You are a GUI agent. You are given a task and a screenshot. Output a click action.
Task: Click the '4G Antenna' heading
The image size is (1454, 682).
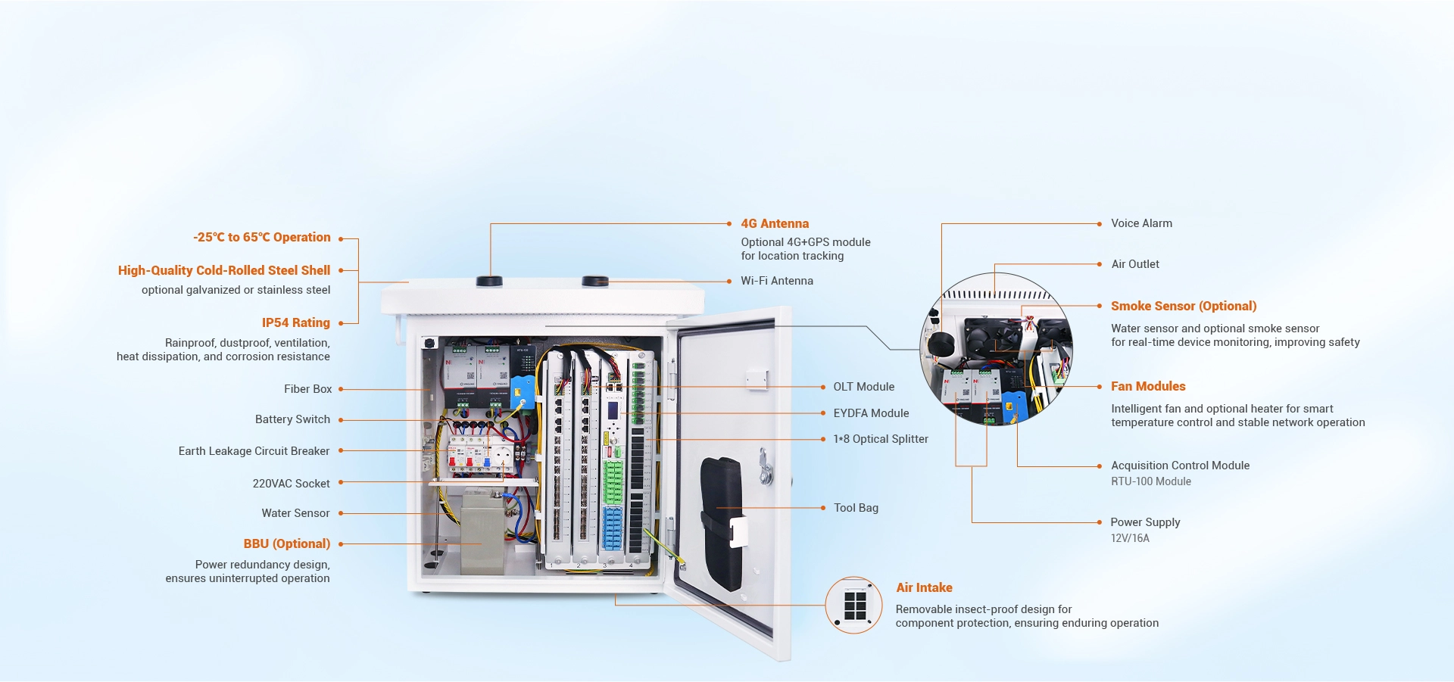pyautogui.click(x=774, y=223)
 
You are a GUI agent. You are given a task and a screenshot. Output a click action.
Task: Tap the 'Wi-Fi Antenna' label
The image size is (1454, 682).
pyautogui.click(x=776, y=281)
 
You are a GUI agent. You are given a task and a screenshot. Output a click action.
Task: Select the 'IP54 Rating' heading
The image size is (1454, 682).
pyautogui.click(x=295, y=322)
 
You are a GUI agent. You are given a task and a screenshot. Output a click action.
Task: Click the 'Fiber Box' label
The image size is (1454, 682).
pyautogui.click(x=307, y=389)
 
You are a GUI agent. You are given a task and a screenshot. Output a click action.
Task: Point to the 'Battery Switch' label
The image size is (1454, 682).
pyautogui.click(x=292, y=419)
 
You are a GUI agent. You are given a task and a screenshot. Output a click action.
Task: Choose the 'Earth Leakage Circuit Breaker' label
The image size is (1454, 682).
pyautogui.click(x=254, y=451)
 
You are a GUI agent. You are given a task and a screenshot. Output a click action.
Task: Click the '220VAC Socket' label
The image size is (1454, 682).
pyautogui.click(x=291, y=484)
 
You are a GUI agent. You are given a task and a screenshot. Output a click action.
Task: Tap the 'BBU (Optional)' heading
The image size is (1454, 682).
pyautogui.click(x=286, y=543)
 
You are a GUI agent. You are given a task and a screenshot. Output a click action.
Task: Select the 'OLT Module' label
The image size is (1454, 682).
pyautogui.click(x=863, y=387)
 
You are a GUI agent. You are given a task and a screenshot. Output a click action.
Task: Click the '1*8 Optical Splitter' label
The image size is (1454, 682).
pyautogui.click(x=880, y=439)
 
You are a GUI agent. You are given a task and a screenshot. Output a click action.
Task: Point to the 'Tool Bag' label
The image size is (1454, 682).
pyautogui.click(x=856, y=508)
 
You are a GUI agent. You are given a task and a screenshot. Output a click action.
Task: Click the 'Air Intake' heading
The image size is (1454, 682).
pyautogui.click(x=924, y=587)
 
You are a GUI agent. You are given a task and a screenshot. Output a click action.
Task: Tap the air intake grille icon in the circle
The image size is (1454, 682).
pyautogui.click(x=854, y=606)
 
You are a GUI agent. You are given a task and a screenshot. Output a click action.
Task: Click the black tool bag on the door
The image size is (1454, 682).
pyautogui.click(x=722, y=522)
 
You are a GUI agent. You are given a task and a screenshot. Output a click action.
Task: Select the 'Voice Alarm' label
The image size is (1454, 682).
pyautogui.click(x=1141, y=223)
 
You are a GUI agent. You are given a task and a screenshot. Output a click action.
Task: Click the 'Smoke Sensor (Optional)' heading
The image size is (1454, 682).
pyautogui.click(x=1183, y=306)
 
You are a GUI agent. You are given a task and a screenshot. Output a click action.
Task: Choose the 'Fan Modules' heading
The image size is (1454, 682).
pyautogui.click(x=1147, y=386)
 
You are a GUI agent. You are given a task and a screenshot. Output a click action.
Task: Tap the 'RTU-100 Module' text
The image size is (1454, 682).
pyautogui.click(x=1150, y=481)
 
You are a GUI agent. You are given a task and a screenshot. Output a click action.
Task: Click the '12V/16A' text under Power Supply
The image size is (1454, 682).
pyautogui.click(x=1129, y=538)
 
